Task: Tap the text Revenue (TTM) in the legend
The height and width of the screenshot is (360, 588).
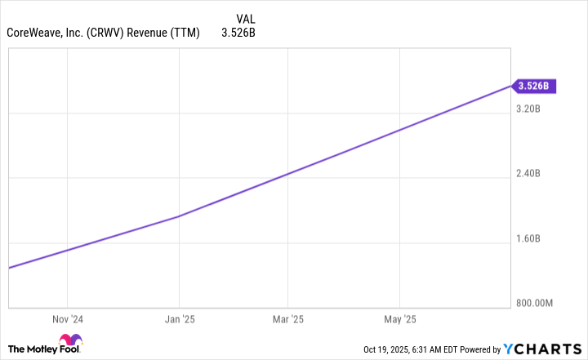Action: tap(171, 33)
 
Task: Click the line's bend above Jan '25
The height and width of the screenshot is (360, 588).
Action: tap(179, 216)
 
